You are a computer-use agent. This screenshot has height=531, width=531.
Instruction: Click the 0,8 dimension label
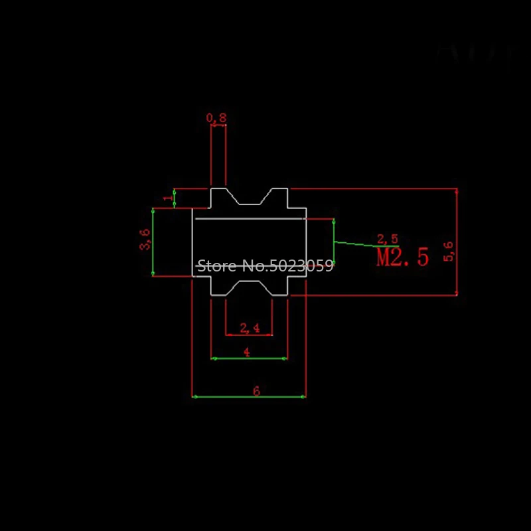pyautogui.click(x=216, y=117)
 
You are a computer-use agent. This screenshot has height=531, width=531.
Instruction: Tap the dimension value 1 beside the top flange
pyautogui.click(x=167, y=197)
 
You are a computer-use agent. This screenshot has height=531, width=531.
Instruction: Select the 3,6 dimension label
pyautogui.click(x=145, y=240)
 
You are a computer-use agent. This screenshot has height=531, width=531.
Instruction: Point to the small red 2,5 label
pyautogui.click(x=387, y=239)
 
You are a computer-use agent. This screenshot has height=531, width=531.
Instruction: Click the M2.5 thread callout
pyautogui.click(x=402, y=257)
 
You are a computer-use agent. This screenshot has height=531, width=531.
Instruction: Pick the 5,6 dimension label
pyautogui.click(x=449, y=251)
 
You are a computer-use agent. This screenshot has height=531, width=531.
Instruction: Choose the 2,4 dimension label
pyautogui.click(x=250, y=327)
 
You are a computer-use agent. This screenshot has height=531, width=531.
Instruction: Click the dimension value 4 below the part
pyautogui.click(x=247, y=352)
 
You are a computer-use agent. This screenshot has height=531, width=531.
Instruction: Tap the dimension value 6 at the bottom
pyautogui.click(x=256, y=392)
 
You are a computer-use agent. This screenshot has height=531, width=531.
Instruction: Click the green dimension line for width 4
pyautogui.click(x=265, y=358)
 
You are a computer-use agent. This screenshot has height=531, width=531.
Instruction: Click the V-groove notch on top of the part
pyautogui.click(x=249, y=198)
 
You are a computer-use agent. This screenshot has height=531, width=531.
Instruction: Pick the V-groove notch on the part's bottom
pyautogui.click(x=249, y=287)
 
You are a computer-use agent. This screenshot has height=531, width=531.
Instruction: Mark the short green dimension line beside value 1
pyautogui.click(x=175, y=198)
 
